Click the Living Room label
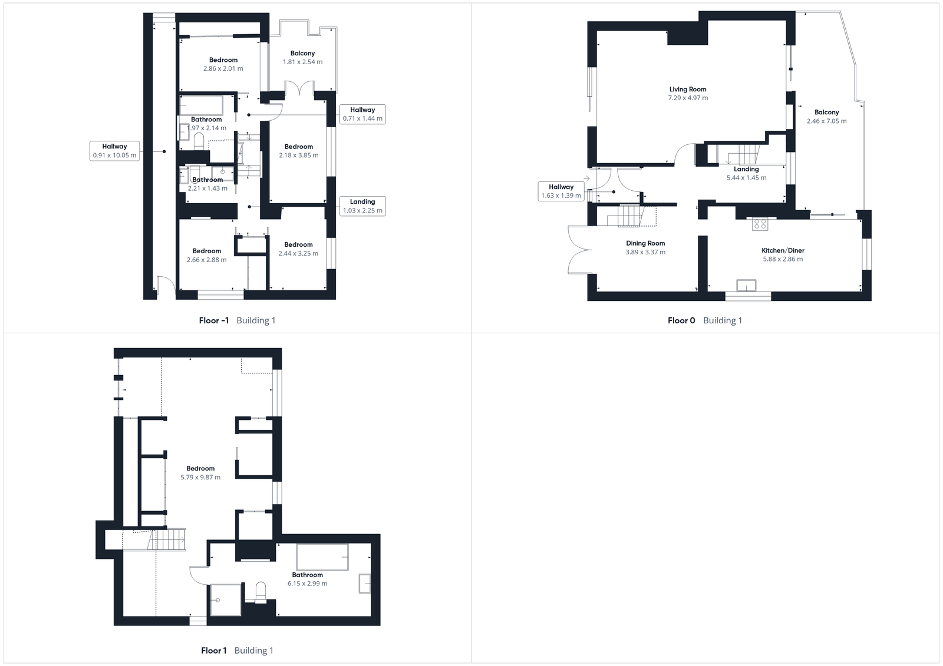tap(688, 90)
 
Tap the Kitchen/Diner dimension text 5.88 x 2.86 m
tap(783, 259)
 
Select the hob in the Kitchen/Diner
tap(760, 224)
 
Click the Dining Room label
tap(645, 243)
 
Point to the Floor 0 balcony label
tap(826, 112)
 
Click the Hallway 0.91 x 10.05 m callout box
tap(114, 151)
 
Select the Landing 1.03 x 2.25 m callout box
tap(362, 206)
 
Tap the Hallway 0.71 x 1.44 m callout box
tap(362, 114)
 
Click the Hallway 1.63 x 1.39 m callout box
tap(561, 191)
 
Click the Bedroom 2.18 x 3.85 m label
tap(299, 147)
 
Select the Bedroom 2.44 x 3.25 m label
tap(298, 245)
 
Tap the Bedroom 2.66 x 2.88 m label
tap(207, 251)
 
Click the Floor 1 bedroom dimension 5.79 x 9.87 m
tap(200, 478)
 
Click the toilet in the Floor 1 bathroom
tap(260, 591)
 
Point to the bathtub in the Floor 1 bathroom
tap(322, 557)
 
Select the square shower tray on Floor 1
tap(226, 600)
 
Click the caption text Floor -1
tap(214, 321)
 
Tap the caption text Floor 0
tap(681, 321)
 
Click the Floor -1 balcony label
tap(302, 54)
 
